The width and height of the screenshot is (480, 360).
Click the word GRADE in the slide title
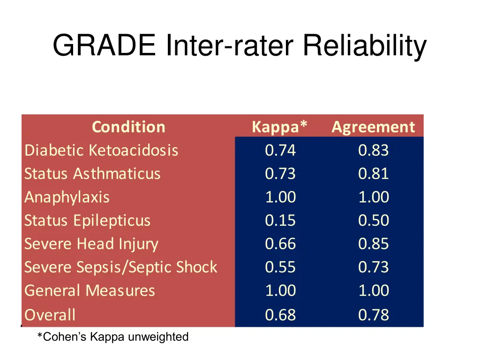(104, 46)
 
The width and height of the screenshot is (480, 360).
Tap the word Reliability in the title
(364, 46)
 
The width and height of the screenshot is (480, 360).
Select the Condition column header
(128, 127)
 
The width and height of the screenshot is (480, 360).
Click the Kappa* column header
(280, 127)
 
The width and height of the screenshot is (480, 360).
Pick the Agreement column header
(373, 127)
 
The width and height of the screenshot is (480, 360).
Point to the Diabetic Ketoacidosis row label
(101, 150)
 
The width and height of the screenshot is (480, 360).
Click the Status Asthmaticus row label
(92, 174)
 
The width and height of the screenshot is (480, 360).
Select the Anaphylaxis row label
(67, 197)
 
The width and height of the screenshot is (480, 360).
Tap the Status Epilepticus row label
(88, 221)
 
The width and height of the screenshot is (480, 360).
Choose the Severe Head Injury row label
(91, 244)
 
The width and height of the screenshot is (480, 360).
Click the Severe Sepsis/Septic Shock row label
(121, 267)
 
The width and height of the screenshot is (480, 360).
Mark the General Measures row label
(90, 291)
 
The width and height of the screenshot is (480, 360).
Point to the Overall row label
(50, 315)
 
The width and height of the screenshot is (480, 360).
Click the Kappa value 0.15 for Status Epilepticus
(280, 221)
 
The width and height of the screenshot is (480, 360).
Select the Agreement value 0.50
(374, 221)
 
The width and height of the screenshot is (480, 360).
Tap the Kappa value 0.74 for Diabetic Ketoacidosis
(280, 150)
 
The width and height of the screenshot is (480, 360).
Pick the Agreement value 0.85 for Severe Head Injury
(374, 244)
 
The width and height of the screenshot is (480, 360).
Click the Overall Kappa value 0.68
(280, 315)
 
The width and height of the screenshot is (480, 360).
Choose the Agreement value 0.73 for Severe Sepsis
(374, 267)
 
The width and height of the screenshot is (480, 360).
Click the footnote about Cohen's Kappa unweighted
(113, 337)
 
